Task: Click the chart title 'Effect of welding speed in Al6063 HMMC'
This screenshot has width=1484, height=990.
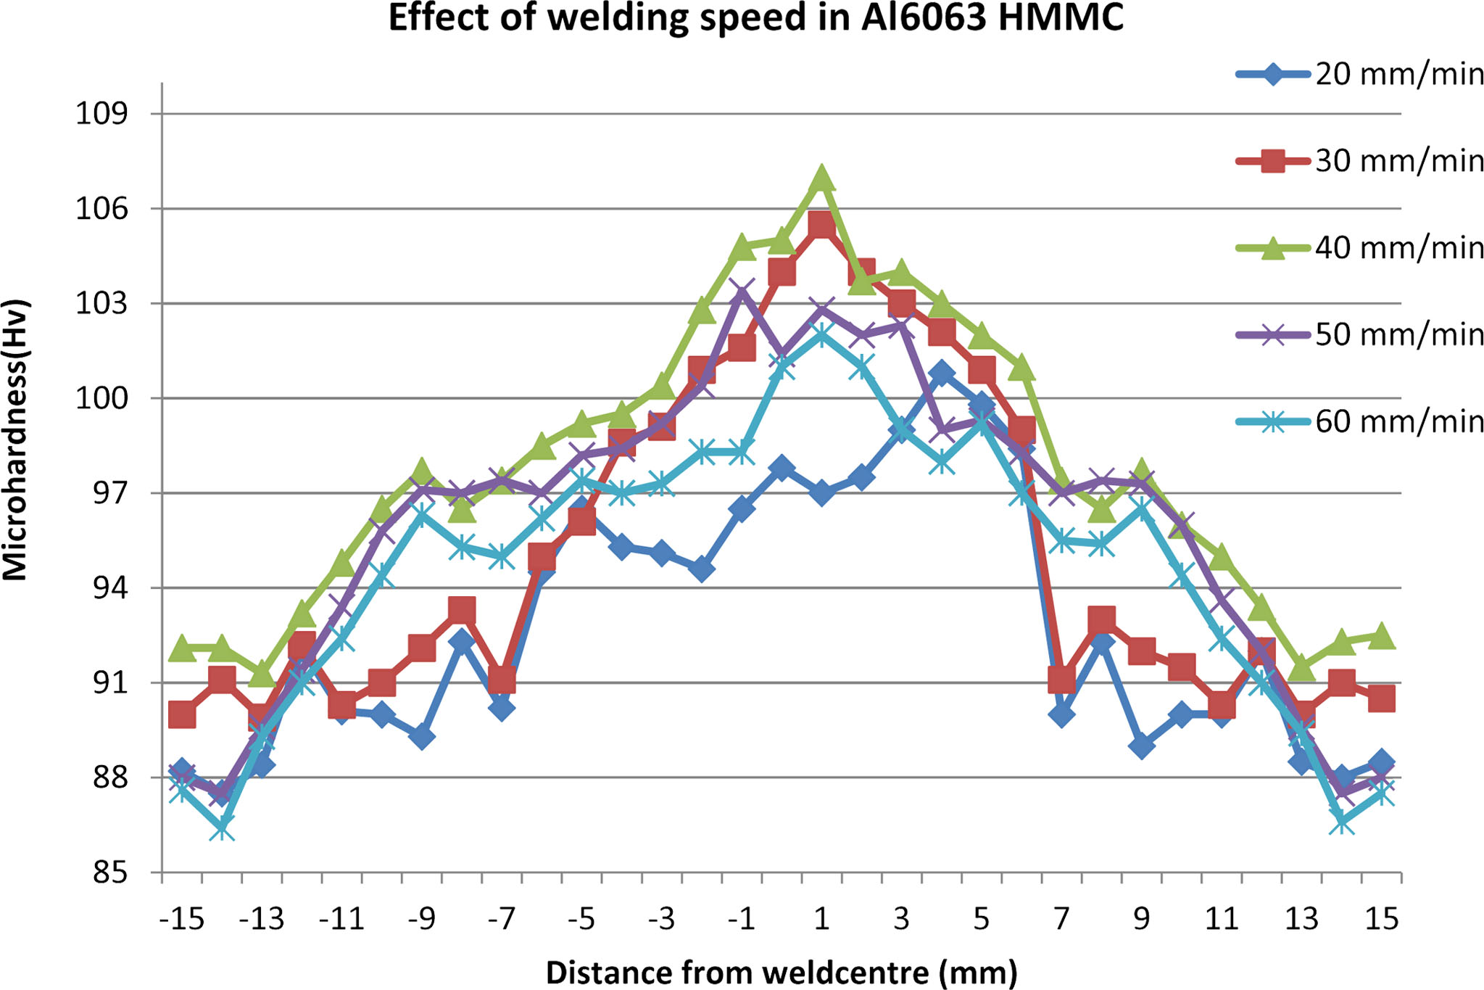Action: coord(755,18)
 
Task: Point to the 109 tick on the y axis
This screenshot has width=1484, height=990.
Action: coord(101,114)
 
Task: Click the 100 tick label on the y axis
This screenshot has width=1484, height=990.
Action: coord(101,398)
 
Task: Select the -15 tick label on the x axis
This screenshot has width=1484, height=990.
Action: coord(181,919)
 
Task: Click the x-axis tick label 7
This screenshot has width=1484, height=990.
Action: coord(1061,919)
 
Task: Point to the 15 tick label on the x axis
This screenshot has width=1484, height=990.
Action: coord(1381,919)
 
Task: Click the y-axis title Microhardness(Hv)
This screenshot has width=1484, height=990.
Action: coord(16,440)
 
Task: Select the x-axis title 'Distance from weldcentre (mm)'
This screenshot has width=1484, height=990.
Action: coord(781,973)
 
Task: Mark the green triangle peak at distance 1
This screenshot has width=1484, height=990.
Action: coord(821,178)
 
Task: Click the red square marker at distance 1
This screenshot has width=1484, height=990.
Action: coord(821,226)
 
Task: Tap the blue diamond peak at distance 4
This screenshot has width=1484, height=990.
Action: coord(941,374)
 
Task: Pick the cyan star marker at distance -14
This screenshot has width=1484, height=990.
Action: coord(222,828)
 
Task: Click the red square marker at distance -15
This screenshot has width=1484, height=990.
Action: coord(181,714)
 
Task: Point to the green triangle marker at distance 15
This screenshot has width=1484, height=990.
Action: coord(1381,635)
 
